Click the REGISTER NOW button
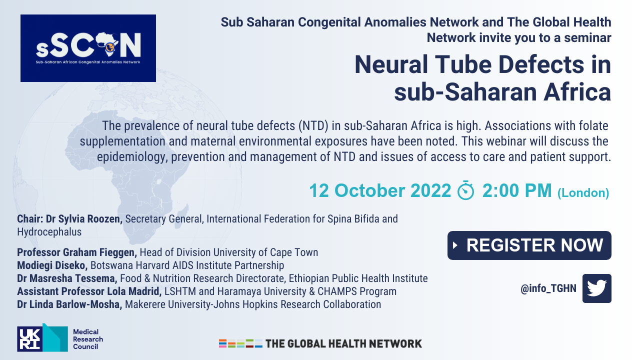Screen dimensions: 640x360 (x=529, y=245)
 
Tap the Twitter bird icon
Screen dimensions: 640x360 (x=597, y=288)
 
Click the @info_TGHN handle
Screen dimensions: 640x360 (x=548, y=288)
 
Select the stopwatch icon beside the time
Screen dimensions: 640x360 (x=465, y=190)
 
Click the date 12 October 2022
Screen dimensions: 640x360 (x=380, y=190)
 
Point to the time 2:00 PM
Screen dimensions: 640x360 (x=517, y=190)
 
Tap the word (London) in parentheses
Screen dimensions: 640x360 (x=583, y=193)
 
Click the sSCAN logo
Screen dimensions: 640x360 (x=88, y=48)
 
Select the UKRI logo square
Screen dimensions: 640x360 (x=29, y=339)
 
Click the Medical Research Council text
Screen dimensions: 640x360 (x=88, y=339)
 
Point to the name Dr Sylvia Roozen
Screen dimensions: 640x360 (x=84, y=219)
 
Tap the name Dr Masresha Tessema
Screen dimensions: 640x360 (x=67, y=278)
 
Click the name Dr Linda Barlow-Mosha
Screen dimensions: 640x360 (x=69, y=304)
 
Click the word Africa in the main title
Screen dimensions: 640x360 (x=577, y=92)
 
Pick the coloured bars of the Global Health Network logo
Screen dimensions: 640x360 (x=240, y=343)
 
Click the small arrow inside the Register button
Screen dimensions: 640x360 (x=455, y=245)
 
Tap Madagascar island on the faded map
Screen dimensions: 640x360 (x=181, y=216)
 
